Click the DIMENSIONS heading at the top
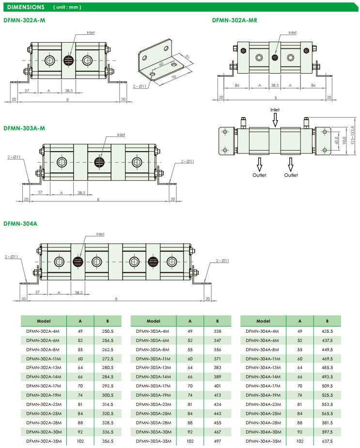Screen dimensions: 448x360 27,7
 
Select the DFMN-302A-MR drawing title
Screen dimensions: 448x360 235,20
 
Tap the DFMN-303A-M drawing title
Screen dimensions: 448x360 24,128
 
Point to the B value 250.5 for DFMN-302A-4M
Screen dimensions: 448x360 108,331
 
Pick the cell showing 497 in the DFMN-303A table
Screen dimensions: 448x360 217,441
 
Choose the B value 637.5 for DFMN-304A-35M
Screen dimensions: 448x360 327,441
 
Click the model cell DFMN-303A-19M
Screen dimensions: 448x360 153,395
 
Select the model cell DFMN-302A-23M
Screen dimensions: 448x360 43,404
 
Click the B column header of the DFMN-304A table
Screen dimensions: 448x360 328,321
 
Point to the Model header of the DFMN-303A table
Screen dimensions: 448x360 153,321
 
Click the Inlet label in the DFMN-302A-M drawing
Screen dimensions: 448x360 91,33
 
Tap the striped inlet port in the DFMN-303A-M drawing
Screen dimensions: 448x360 99,161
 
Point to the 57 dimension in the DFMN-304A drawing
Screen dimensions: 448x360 37,293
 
